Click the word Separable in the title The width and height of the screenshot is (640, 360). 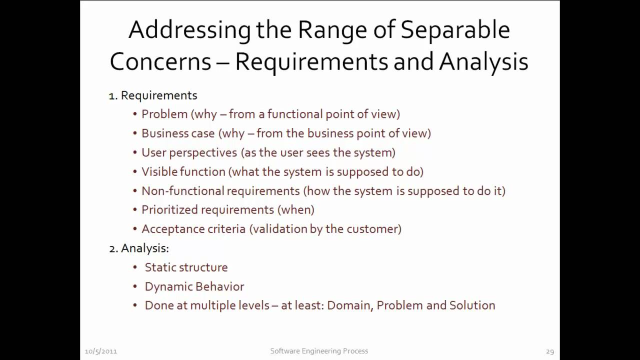(455, 30)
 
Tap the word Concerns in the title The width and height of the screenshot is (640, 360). (160, 62)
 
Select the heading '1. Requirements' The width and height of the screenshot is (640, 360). (153, 95)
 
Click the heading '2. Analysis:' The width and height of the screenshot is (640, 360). (139, 248)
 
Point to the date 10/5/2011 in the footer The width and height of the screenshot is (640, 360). (100, 351)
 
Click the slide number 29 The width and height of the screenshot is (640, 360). (549, 351)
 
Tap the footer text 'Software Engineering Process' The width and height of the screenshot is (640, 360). (319, 351)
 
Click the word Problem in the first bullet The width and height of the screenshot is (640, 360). (164, 114)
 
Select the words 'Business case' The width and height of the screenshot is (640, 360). (178, 133)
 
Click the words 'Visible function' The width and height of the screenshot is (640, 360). (183, 171)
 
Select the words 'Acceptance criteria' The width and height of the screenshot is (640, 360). (193, 229)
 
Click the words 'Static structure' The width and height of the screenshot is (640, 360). (186, 267)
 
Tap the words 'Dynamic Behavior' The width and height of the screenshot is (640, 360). (194, 286)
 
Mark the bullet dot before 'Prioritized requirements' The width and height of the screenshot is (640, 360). (135, 210)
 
